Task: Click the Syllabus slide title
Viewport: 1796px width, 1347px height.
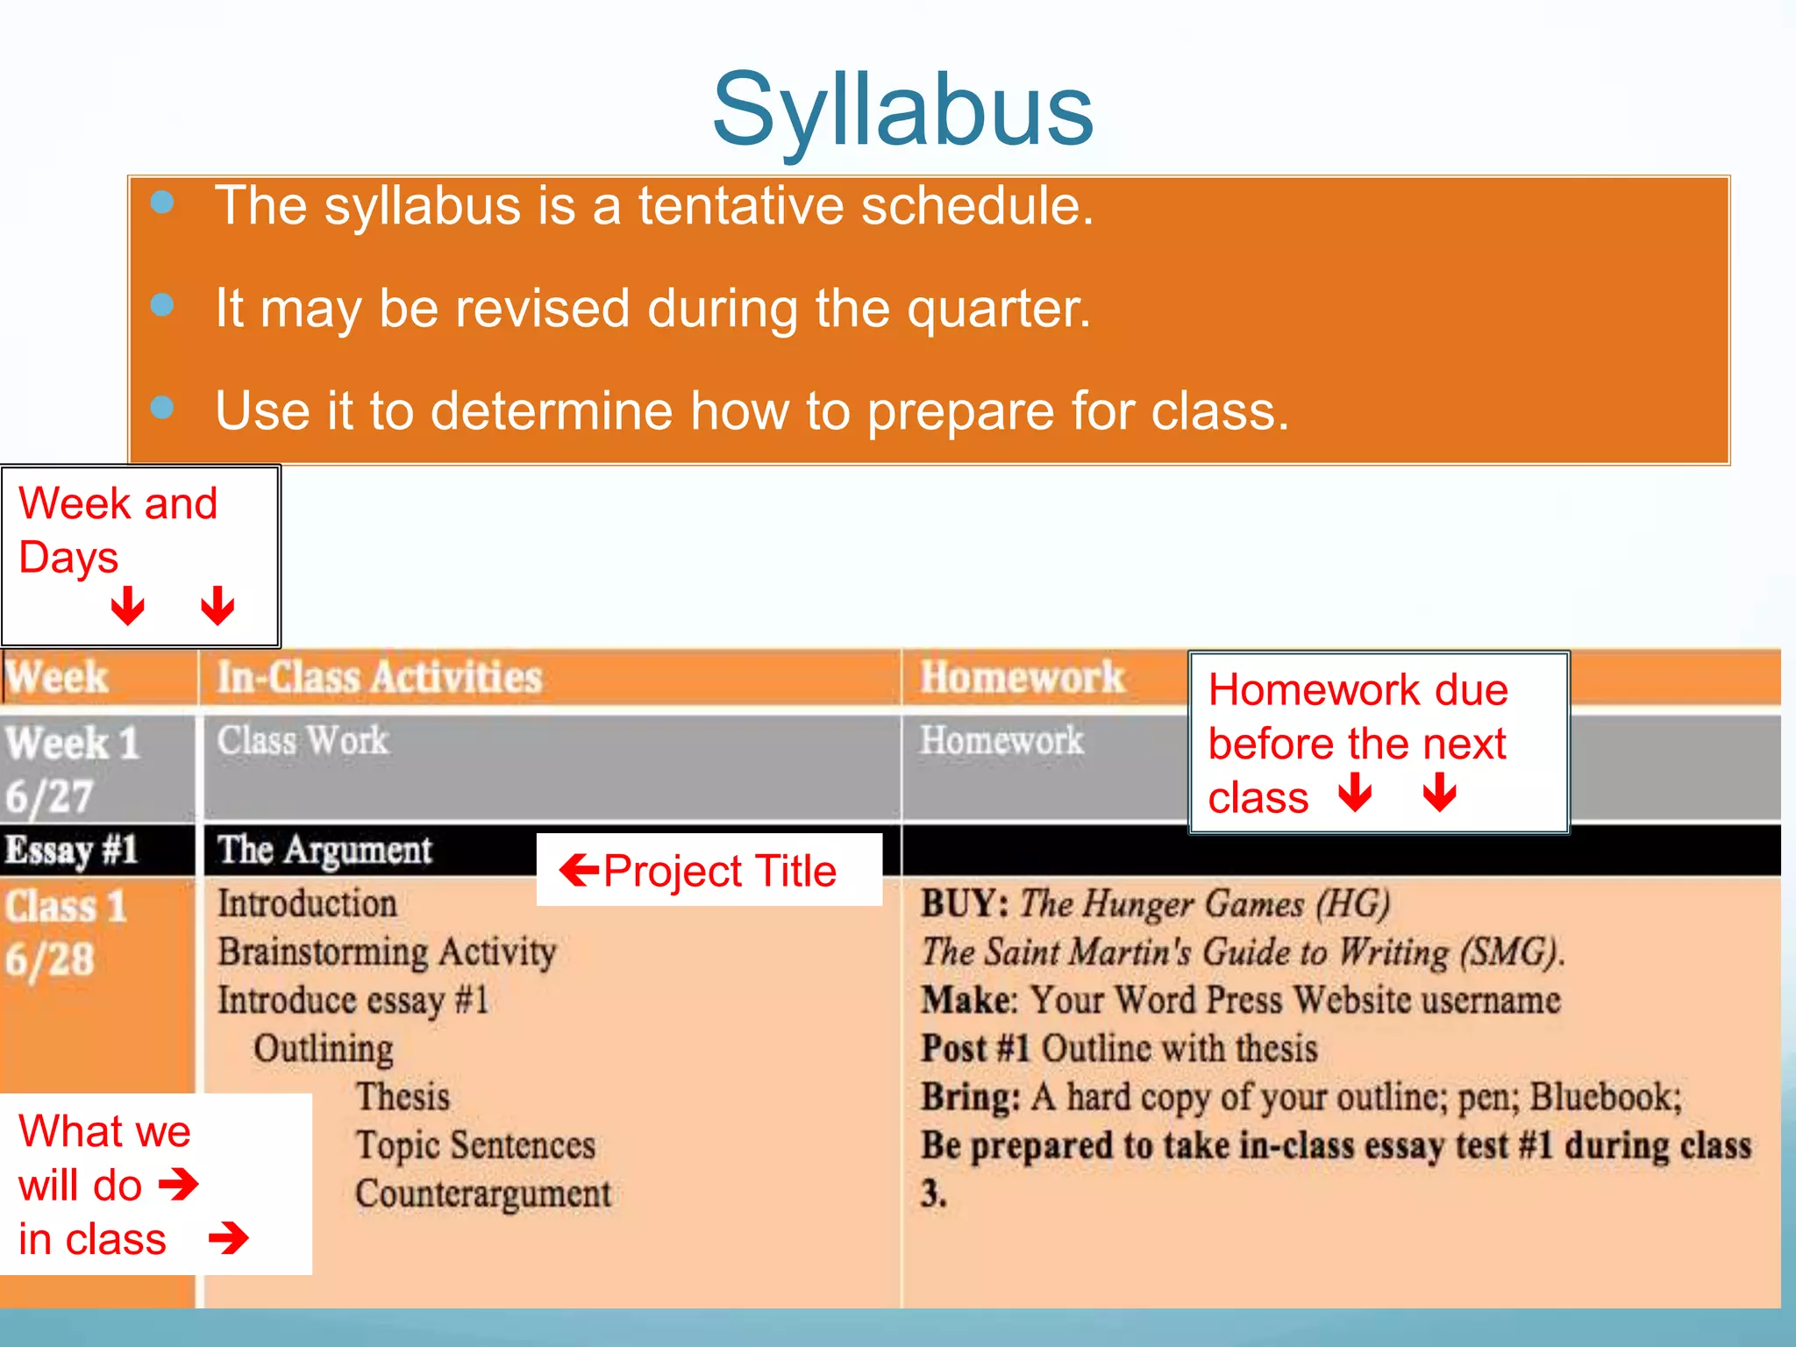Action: click(902, 110)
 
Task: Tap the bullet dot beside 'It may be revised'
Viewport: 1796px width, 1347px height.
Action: click(162, 305)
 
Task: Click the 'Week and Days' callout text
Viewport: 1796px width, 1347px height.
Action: click(118, 530)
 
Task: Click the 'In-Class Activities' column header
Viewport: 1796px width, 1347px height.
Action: click(379, 678)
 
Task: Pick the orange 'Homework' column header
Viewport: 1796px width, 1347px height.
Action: click(1022, 678)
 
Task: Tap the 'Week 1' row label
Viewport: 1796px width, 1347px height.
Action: click(72, 744)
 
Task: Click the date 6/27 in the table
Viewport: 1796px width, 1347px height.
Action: click(49, 797)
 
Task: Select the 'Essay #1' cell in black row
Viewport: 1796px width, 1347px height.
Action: click(72, 850)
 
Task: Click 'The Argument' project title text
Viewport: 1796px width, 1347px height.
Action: click(324, 850)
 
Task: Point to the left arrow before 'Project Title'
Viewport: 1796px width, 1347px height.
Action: click(579, 871)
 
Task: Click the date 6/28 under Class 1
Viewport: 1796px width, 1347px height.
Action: click(49, 959)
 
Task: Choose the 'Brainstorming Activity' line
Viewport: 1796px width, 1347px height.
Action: click(387, 951)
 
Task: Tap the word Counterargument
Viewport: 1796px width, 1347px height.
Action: click(483, 1194)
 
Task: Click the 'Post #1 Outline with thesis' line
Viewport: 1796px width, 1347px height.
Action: click(1119, 1049)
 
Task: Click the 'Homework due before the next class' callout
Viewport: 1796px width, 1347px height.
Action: click(1357, 742)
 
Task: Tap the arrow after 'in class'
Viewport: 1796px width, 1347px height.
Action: click(229, 1238)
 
